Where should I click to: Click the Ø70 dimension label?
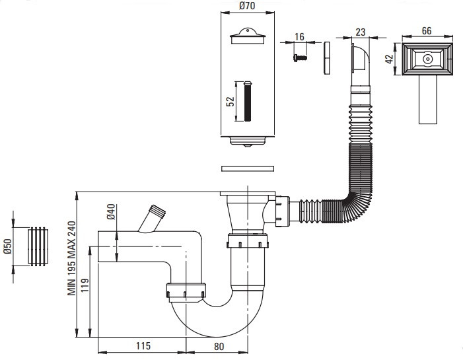coord(247,5)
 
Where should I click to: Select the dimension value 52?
coord(231,101)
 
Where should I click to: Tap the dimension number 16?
coord(299,36)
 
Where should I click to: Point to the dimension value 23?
coord(360,32)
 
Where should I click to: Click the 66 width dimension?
coord(427,30)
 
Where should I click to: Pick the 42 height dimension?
coord(390,59)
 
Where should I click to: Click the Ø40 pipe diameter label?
coord(112,211)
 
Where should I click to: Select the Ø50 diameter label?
coord(7,246)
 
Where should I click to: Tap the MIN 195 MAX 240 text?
coord(72,258)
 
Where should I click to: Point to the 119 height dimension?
coord(85,285)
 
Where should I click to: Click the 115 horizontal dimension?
coord(143,345)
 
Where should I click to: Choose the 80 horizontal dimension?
coord(219,346)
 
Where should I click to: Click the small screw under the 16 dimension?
coord(300,57)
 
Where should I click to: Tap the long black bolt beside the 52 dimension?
coord(248,101)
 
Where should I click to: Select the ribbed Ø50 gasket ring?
coord(38,246)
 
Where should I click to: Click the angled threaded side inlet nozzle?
coord(152,219)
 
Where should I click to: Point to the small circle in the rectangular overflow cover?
coord(427,59)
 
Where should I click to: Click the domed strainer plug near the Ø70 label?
coord(248,36)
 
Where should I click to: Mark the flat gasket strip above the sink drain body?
coord(248,168)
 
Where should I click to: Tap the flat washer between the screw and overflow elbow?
coord(326,58)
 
